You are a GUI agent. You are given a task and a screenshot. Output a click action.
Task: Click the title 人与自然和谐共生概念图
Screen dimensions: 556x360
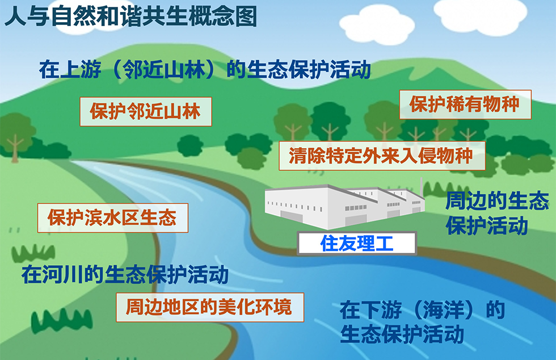click(130, 16)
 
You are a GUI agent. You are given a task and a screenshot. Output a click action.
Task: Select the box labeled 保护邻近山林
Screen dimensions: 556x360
click(146, 111)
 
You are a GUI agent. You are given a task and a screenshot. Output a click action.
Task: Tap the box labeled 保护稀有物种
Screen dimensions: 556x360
click(465, 104)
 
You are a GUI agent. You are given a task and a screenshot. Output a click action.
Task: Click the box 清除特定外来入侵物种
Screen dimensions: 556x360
click(382, 156)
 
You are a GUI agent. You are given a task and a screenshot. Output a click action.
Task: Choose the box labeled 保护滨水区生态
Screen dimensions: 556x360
click(113, 217)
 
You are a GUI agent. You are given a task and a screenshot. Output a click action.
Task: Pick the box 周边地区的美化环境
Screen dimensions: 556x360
click(210, 307)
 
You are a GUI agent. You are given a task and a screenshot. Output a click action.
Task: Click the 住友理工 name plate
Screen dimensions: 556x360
click(357, 244)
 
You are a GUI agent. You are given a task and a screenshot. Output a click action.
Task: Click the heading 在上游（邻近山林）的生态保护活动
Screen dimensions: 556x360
click(205, 70)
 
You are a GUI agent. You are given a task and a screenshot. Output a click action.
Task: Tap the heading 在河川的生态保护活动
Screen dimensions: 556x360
click(125, 274)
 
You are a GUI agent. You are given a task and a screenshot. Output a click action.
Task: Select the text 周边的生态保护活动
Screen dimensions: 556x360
click(497, 213)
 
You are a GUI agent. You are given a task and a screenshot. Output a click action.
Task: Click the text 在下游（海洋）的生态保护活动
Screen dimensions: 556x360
click(422, 321)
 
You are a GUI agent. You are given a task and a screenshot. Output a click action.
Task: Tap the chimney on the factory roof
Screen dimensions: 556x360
click(421, 187)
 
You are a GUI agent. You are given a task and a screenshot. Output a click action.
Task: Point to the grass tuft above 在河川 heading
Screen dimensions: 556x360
click(33, 253)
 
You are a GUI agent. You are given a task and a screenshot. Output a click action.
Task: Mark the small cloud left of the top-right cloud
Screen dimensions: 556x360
click(377, 26)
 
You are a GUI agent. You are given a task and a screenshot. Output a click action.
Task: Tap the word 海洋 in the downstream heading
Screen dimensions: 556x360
click(444, 310)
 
